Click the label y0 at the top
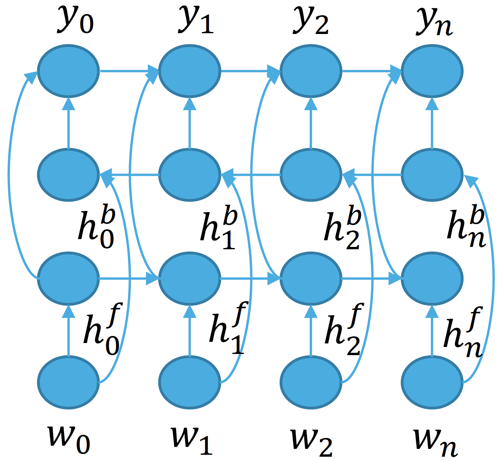point(76,20)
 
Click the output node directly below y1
point(190,71)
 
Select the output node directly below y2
point(311,71)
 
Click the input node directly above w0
point(68,382)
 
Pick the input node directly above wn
point(432,382)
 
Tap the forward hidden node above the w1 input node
point(190,279)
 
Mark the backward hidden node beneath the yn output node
point(432,175)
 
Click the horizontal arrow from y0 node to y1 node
point(129,71)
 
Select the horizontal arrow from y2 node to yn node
point(371,71)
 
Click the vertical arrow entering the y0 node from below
point(68,123)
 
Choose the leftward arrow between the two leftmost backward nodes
point(129,175)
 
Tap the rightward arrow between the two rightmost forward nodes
point(371,279)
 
